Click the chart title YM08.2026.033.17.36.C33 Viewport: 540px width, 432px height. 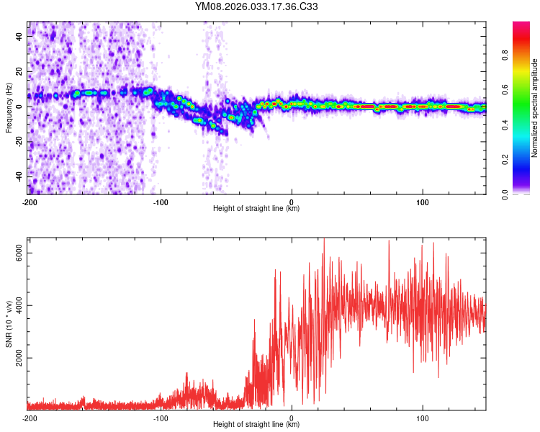tap(257, 7)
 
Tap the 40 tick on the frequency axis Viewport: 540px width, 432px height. tap(20, 37)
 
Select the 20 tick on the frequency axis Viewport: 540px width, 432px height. tap(20, 71)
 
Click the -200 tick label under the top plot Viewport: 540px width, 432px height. tap(30, 202)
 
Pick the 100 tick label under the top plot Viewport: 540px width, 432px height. tap(423, 202)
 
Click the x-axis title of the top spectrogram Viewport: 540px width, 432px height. tap(256, 209)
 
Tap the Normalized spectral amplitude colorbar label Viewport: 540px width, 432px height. tap(534, 108)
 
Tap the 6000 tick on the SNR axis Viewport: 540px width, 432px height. tap(20, 253)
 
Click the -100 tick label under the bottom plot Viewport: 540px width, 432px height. tap(161, 418)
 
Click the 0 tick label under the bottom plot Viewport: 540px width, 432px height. tap(292, 418)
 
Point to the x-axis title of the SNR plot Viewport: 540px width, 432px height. tap(256, 425)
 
